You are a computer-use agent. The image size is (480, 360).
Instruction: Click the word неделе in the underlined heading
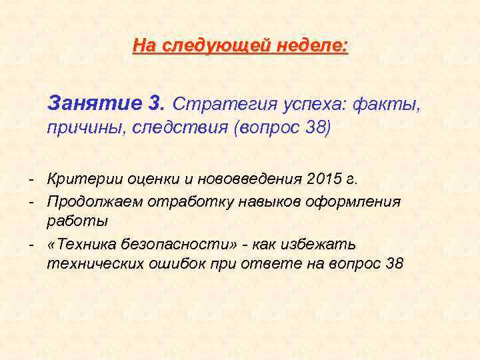pyautogui.click(x=317, y=46)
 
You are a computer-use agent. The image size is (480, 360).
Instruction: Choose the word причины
pyautogui.click(x=83, y=127)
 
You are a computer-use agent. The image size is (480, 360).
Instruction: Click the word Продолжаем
pyautogui.click(x=95, y=201)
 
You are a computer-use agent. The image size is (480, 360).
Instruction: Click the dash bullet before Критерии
pyautogui.click(x=31, y=179)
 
